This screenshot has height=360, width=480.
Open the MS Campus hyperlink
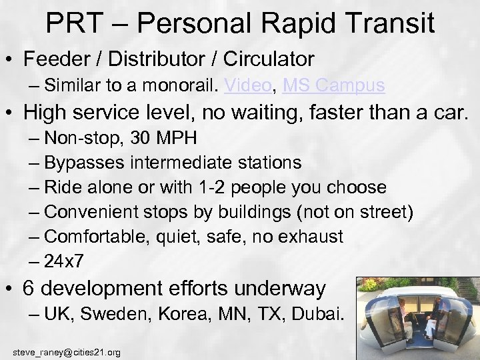pos(333,85)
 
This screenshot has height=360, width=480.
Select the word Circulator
pos(269,59)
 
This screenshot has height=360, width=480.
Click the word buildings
pos(262,212)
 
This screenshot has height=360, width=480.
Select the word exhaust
pos(311,236)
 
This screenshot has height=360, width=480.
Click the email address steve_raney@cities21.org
pos(67,351)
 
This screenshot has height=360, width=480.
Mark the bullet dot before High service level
pos(11,114)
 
